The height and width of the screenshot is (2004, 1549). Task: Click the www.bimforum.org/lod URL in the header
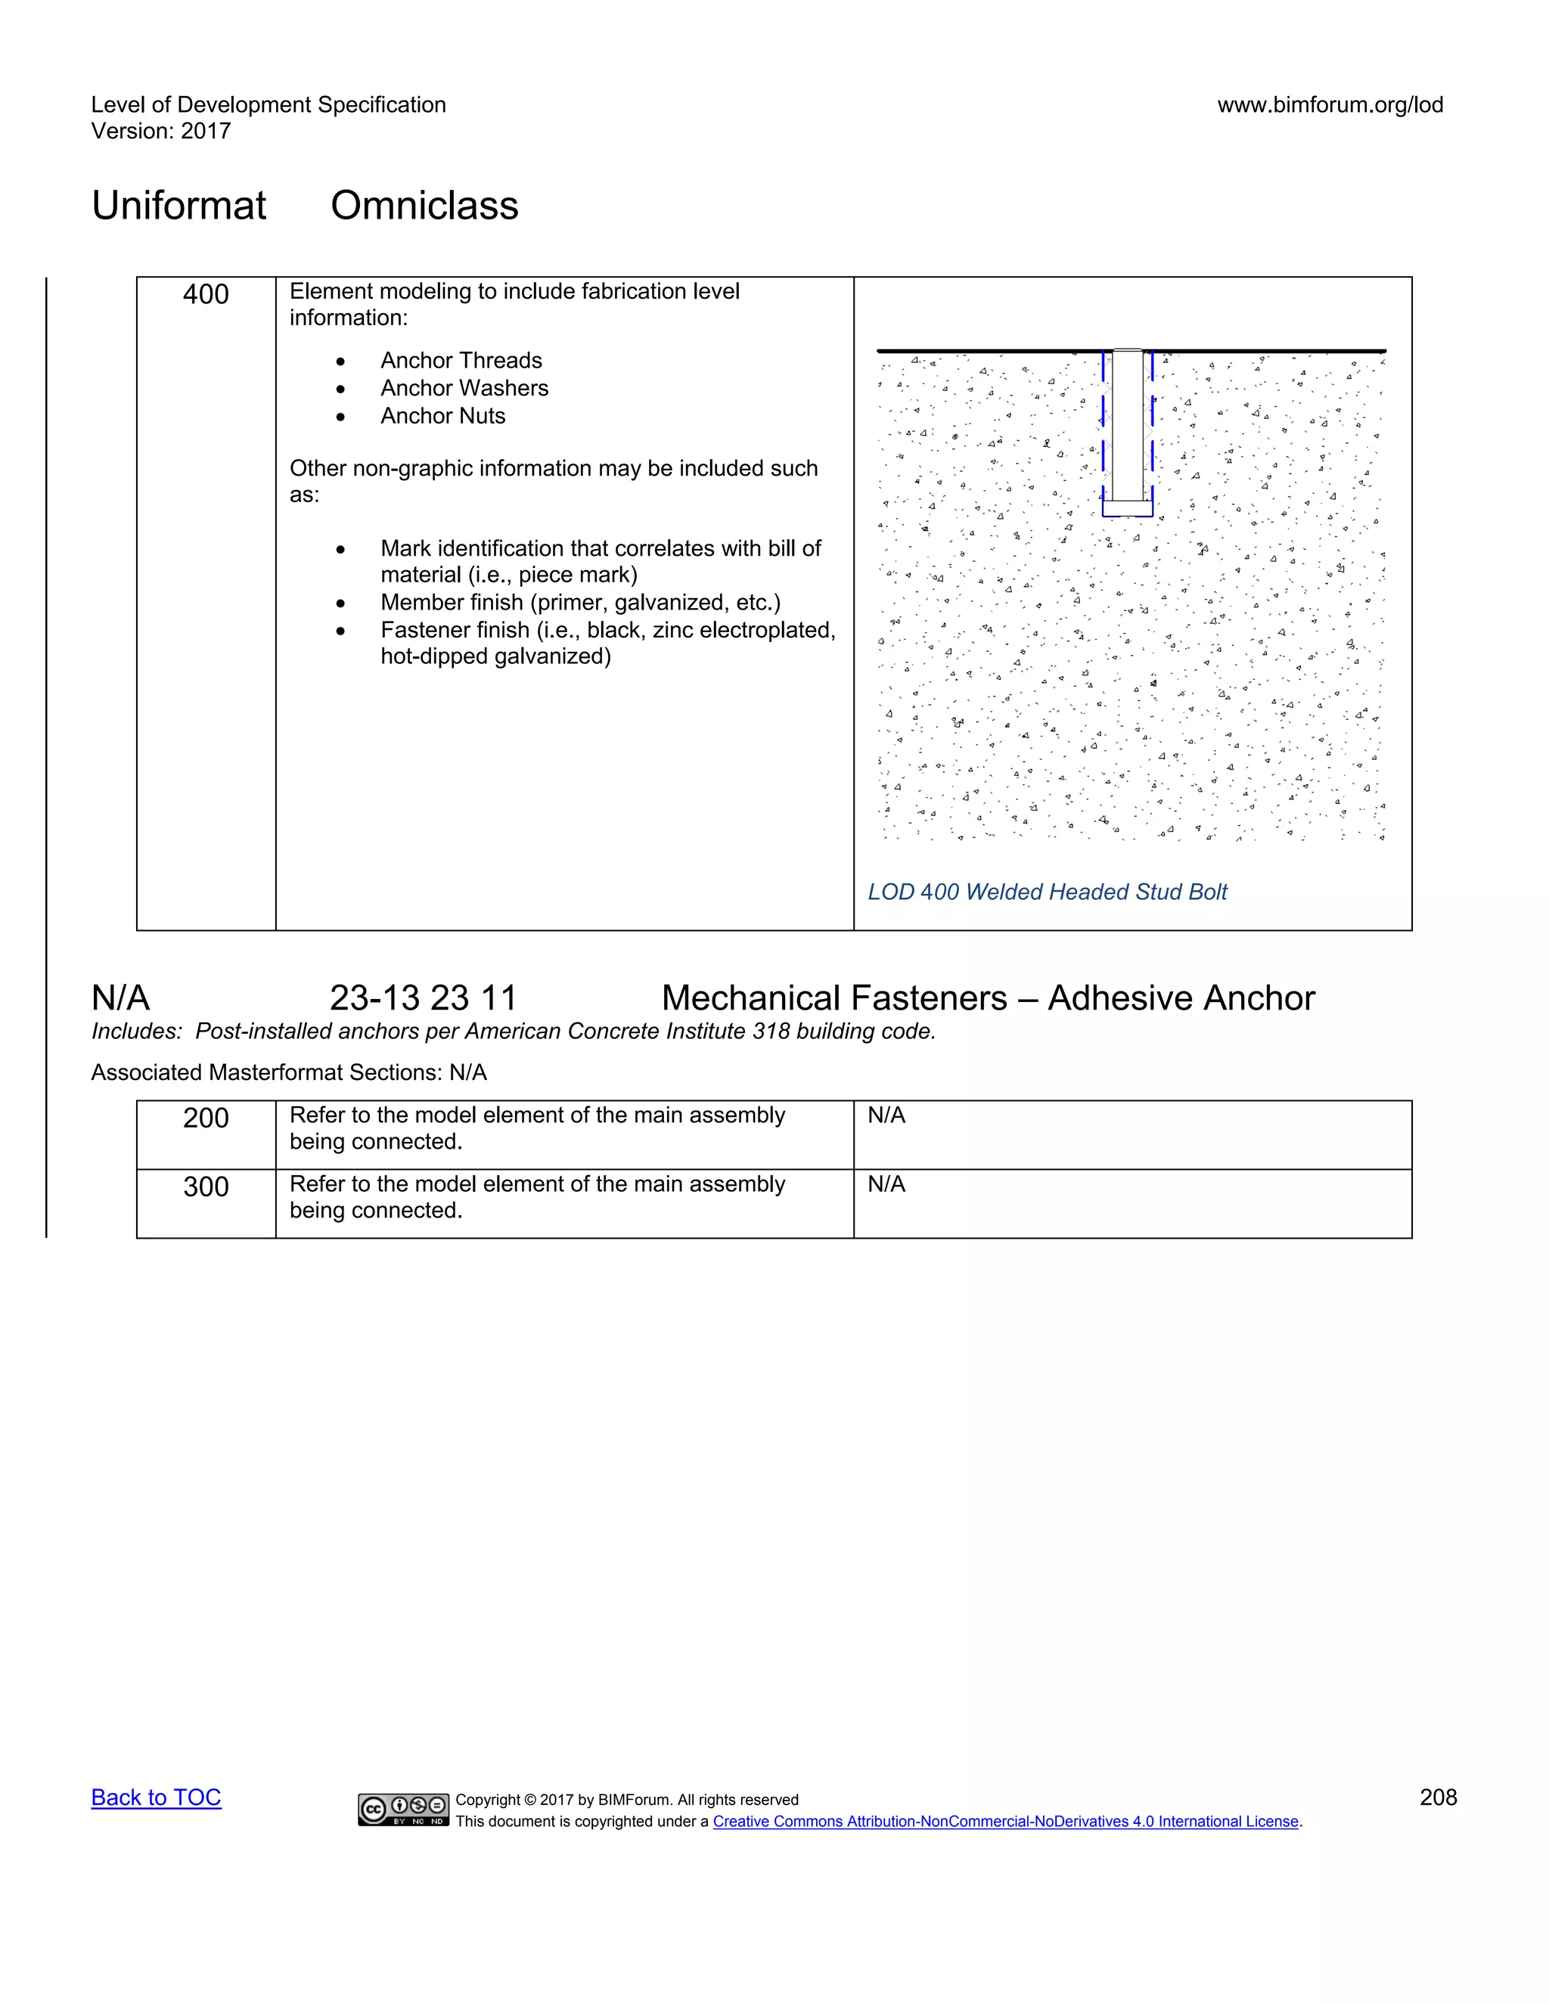[x=1330, y=104]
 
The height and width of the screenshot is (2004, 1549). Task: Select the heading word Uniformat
[x=179, y=206]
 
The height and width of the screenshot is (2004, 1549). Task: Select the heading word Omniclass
[x=424, y=206]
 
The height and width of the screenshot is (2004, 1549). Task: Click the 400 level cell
[x=206, y=294]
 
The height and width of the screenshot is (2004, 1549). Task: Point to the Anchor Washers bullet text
[x=464, y=388]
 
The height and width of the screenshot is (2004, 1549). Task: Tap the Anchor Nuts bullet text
[x=443, y=416]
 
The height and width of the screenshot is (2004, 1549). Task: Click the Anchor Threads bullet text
[x=461, y=361]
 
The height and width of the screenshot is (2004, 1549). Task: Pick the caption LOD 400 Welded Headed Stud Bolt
[x=1047, y=892]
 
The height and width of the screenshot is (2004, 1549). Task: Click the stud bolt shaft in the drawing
[x=1128, y=422]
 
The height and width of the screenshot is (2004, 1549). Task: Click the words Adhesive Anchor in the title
[x=1181, y=998]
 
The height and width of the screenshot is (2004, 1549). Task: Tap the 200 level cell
[x=206, y=1118]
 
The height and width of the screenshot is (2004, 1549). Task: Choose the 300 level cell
[x=206, y=1187]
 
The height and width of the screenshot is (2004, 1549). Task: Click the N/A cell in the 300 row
[x=886, y=1184]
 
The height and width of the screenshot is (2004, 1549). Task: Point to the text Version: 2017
[x=160, y=132]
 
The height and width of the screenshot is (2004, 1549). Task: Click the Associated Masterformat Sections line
[x=288, y=1072]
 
